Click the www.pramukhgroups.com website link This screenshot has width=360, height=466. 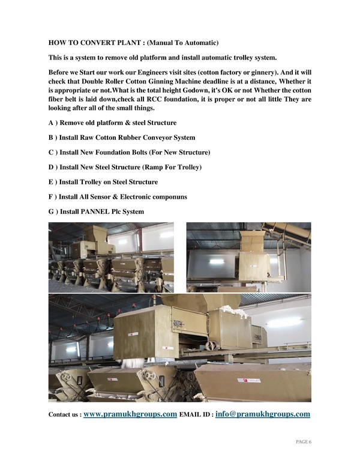[130, 414]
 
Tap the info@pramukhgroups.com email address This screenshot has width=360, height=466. [262, 414]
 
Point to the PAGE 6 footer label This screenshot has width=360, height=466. [304, 442]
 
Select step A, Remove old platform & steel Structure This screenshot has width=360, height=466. [112, 123]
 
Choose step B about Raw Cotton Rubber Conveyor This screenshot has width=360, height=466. [122, 138]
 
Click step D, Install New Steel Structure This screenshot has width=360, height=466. [125, 167]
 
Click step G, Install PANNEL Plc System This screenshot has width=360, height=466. [96, 211]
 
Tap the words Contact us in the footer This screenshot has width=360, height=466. [64, 415]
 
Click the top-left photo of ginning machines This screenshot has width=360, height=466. [111, 256]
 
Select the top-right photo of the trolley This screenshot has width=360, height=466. [248, 256]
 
